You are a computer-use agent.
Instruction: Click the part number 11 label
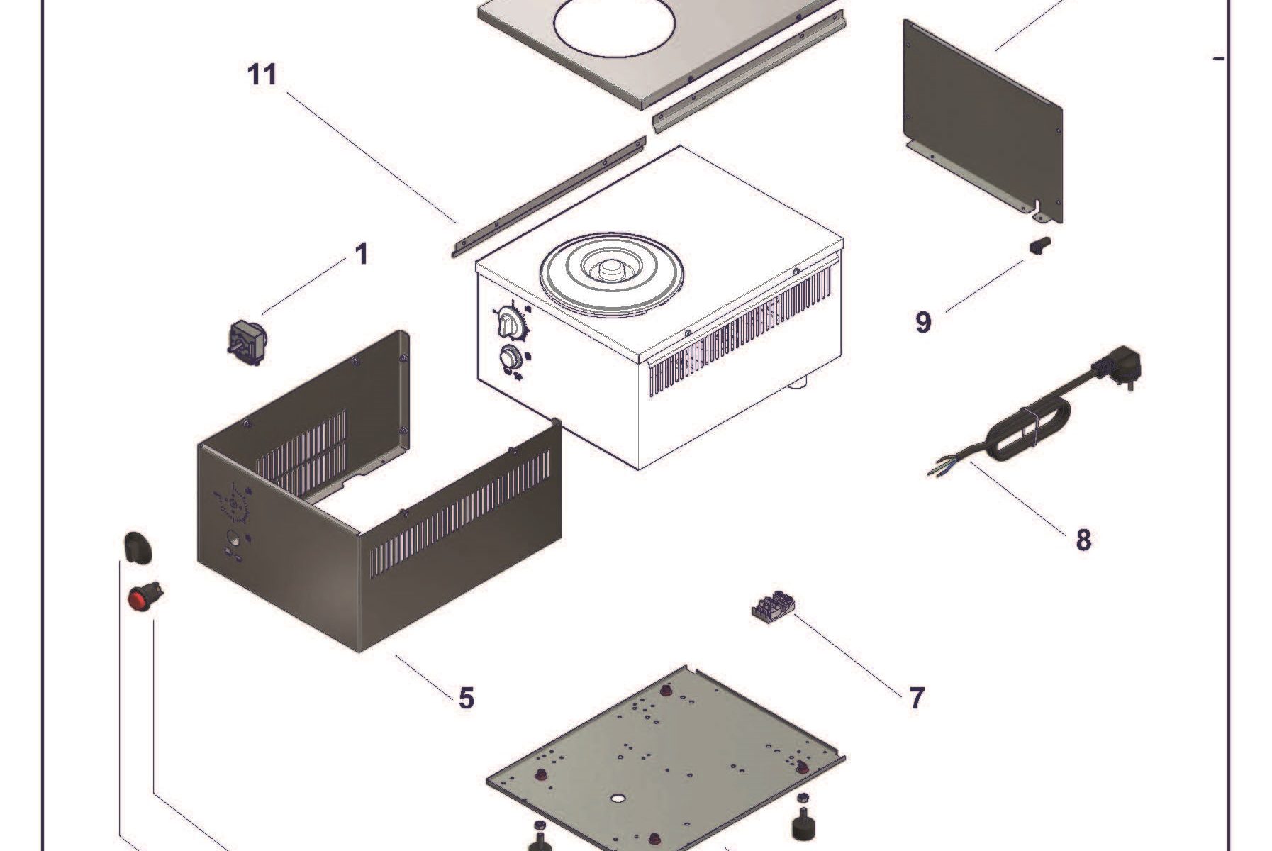pyautogui.click(x=262, y=74)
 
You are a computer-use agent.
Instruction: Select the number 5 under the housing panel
pyautogui.click(x=465, y=699)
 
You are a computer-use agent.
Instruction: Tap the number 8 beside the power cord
pyautogui.click(x=1083, y=540)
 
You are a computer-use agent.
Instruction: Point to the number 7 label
pyautogui.click(x=917, y=699)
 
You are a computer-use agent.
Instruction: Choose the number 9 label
pyautogui.click(x=922, y=323)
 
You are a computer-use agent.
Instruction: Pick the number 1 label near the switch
pyautogui.click(x=361, y=254)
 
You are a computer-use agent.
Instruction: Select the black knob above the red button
pyautogui.click(x=139, y=548)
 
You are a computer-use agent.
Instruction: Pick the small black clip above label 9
pyautogui.click(x=1039, y=247)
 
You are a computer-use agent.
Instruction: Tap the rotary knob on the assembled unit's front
pyautogui.click(x=508, y=323)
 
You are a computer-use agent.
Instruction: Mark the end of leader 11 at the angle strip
pyautogui.click(x=455, y=222)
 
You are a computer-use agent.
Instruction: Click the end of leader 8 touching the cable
pyautogui.click(x=971, y=462)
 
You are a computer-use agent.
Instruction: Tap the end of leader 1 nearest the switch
pyautogui.click(x=262, y=314)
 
